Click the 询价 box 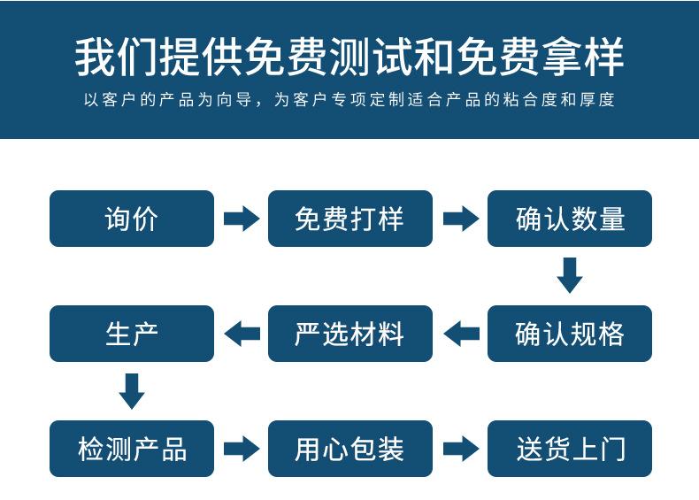(x=132, y=219)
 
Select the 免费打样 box (x=349, y=219)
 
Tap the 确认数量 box (x=569, y=219)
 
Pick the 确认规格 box (x=569, y=334)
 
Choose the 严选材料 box (x=349, y=334)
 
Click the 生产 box (x=132, y=334)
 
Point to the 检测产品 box (x=132, y=449)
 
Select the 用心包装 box (x=349, y=449)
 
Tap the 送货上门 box (x=569, y=449)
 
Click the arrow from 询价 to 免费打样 (x=241, y=219)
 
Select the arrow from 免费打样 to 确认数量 (x=460, y=219)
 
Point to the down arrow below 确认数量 (x=570, y=275)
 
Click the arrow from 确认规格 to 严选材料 (x=460, y=334)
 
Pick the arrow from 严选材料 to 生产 (x=241, y=334)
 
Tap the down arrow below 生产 (x=132, y=391)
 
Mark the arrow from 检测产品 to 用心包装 (x=241, y=449)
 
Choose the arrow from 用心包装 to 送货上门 (x=460, y=449)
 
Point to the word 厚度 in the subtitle (x=595, y=100)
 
